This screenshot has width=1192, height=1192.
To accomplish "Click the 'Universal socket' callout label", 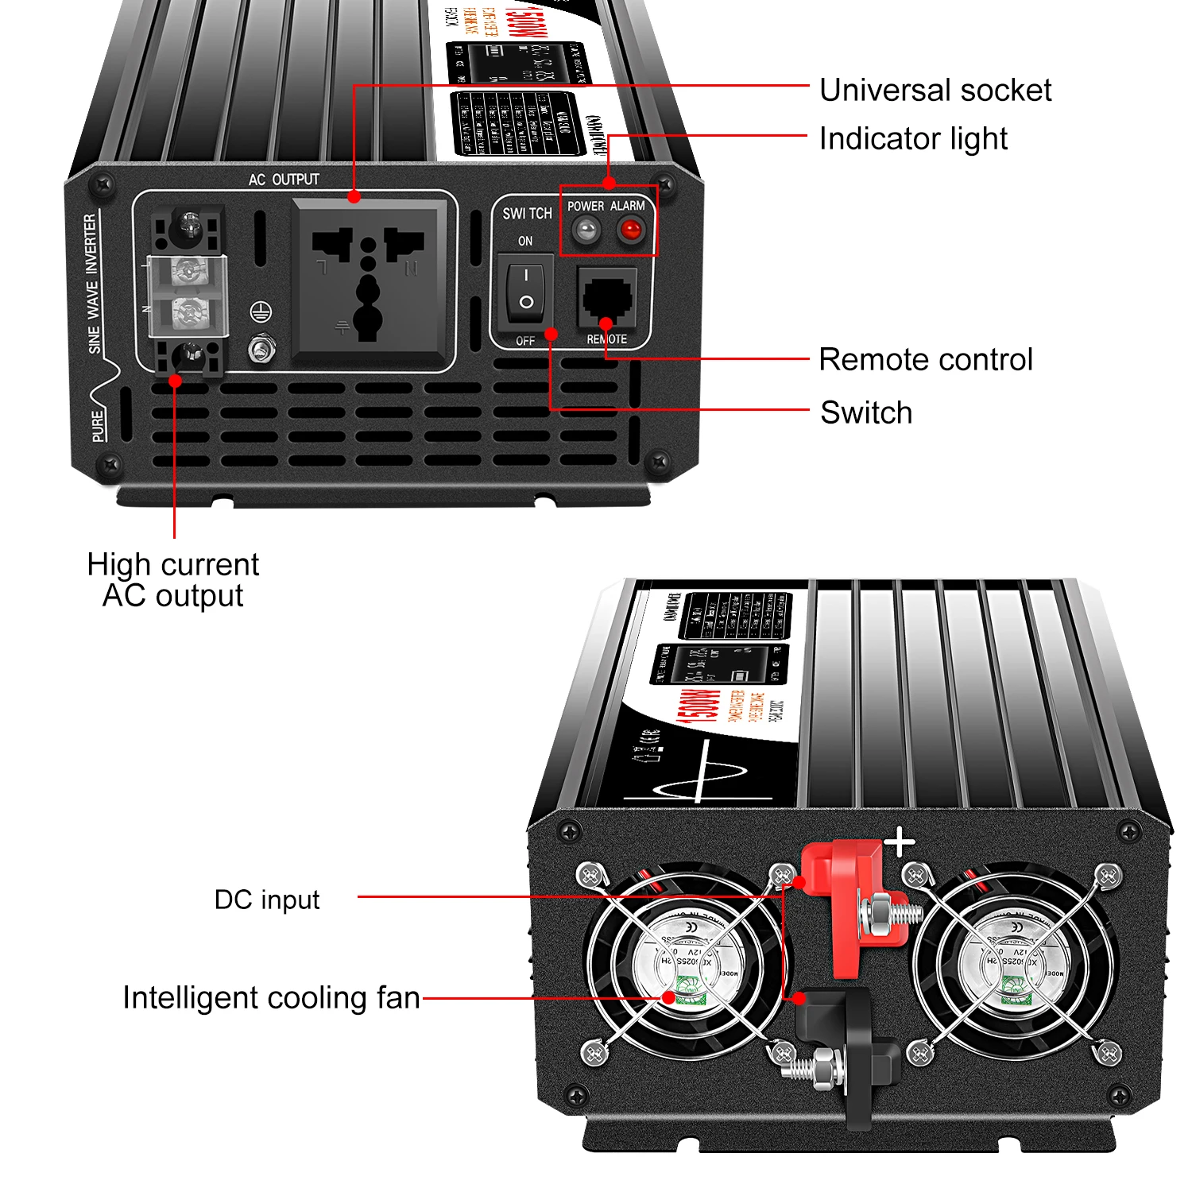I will point(935,91).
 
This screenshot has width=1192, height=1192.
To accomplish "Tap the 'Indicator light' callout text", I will point(912,139).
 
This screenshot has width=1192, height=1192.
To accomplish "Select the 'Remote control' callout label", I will point(925,360).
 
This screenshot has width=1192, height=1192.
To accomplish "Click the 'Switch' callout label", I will point(865,413).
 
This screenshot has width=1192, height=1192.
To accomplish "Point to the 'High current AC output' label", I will point(172,580).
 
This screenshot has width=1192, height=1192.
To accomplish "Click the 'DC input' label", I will point(267,900).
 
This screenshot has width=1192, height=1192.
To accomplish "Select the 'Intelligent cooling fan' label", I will point(271,998).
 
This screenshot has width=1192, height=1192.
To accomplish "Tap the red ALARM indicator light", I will point(630,231).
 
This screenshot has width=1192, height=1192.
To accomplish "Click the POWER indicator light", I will point(586,231).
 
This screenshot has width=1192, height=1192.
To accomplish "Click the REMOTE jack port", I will point(608,297).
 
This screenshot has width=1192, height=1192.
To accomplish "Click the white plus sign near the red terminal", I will point(900,842).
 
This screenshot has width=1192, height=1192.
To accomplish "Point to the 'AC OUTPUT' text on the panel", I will point(284,180).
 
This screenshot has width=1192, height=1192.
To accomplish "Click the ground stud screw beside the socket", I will point(261,348).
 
